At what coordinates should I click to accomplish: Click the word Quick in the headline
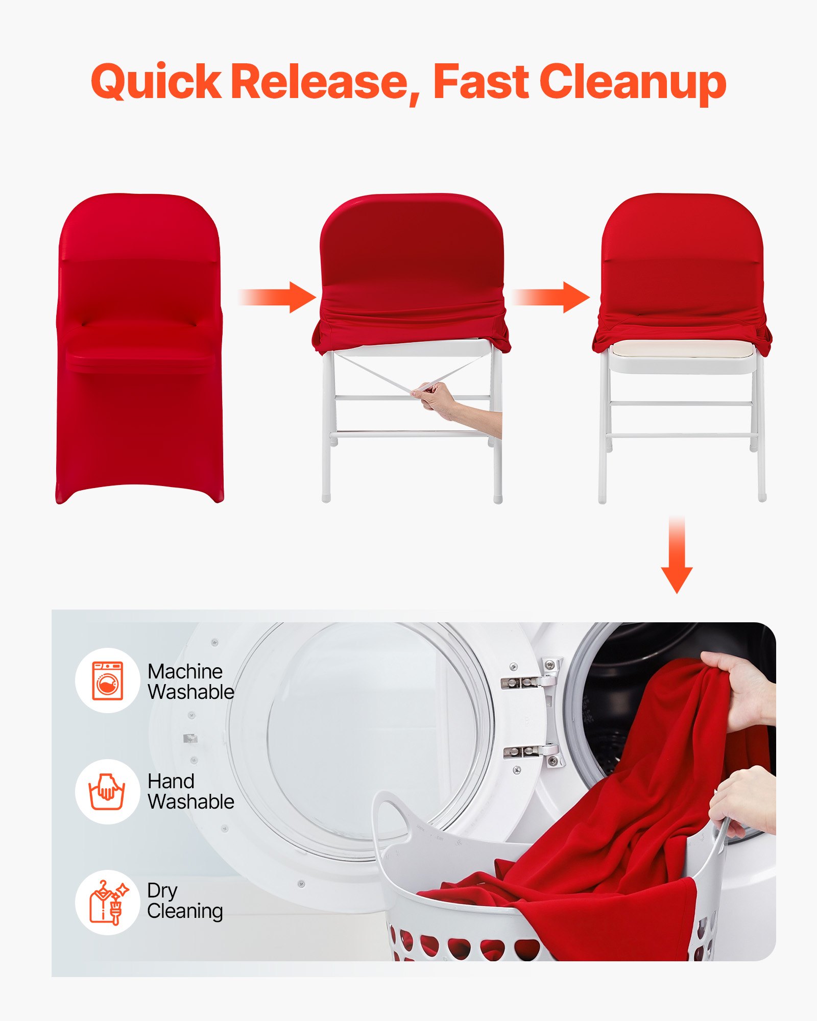click(x=156, y=82)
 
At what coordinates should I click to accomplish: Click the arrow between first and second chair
click(x=278, y=297)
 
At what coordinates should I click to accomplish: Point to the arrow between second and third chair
click(x=551, y=297)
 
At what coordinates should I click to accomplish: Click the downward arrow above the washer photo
click(x=677, y=556)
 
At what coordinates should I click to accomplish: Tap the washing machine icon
click(x=108, y=680)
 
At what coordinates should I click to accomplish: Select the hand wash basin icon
click(x=107, y=791)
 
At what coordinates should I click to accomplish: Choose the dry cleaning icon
click(x=108, y=902)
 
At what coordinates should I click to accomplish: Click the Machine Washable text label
click(x=190, y=682)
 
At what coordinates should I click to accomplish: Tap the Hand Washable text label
click(x=190, y=791)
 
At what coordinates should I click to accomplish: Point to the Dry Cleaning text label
click(x=184, y=901)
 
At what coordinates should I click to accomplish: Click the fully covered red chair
click(x=139, y=347)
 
